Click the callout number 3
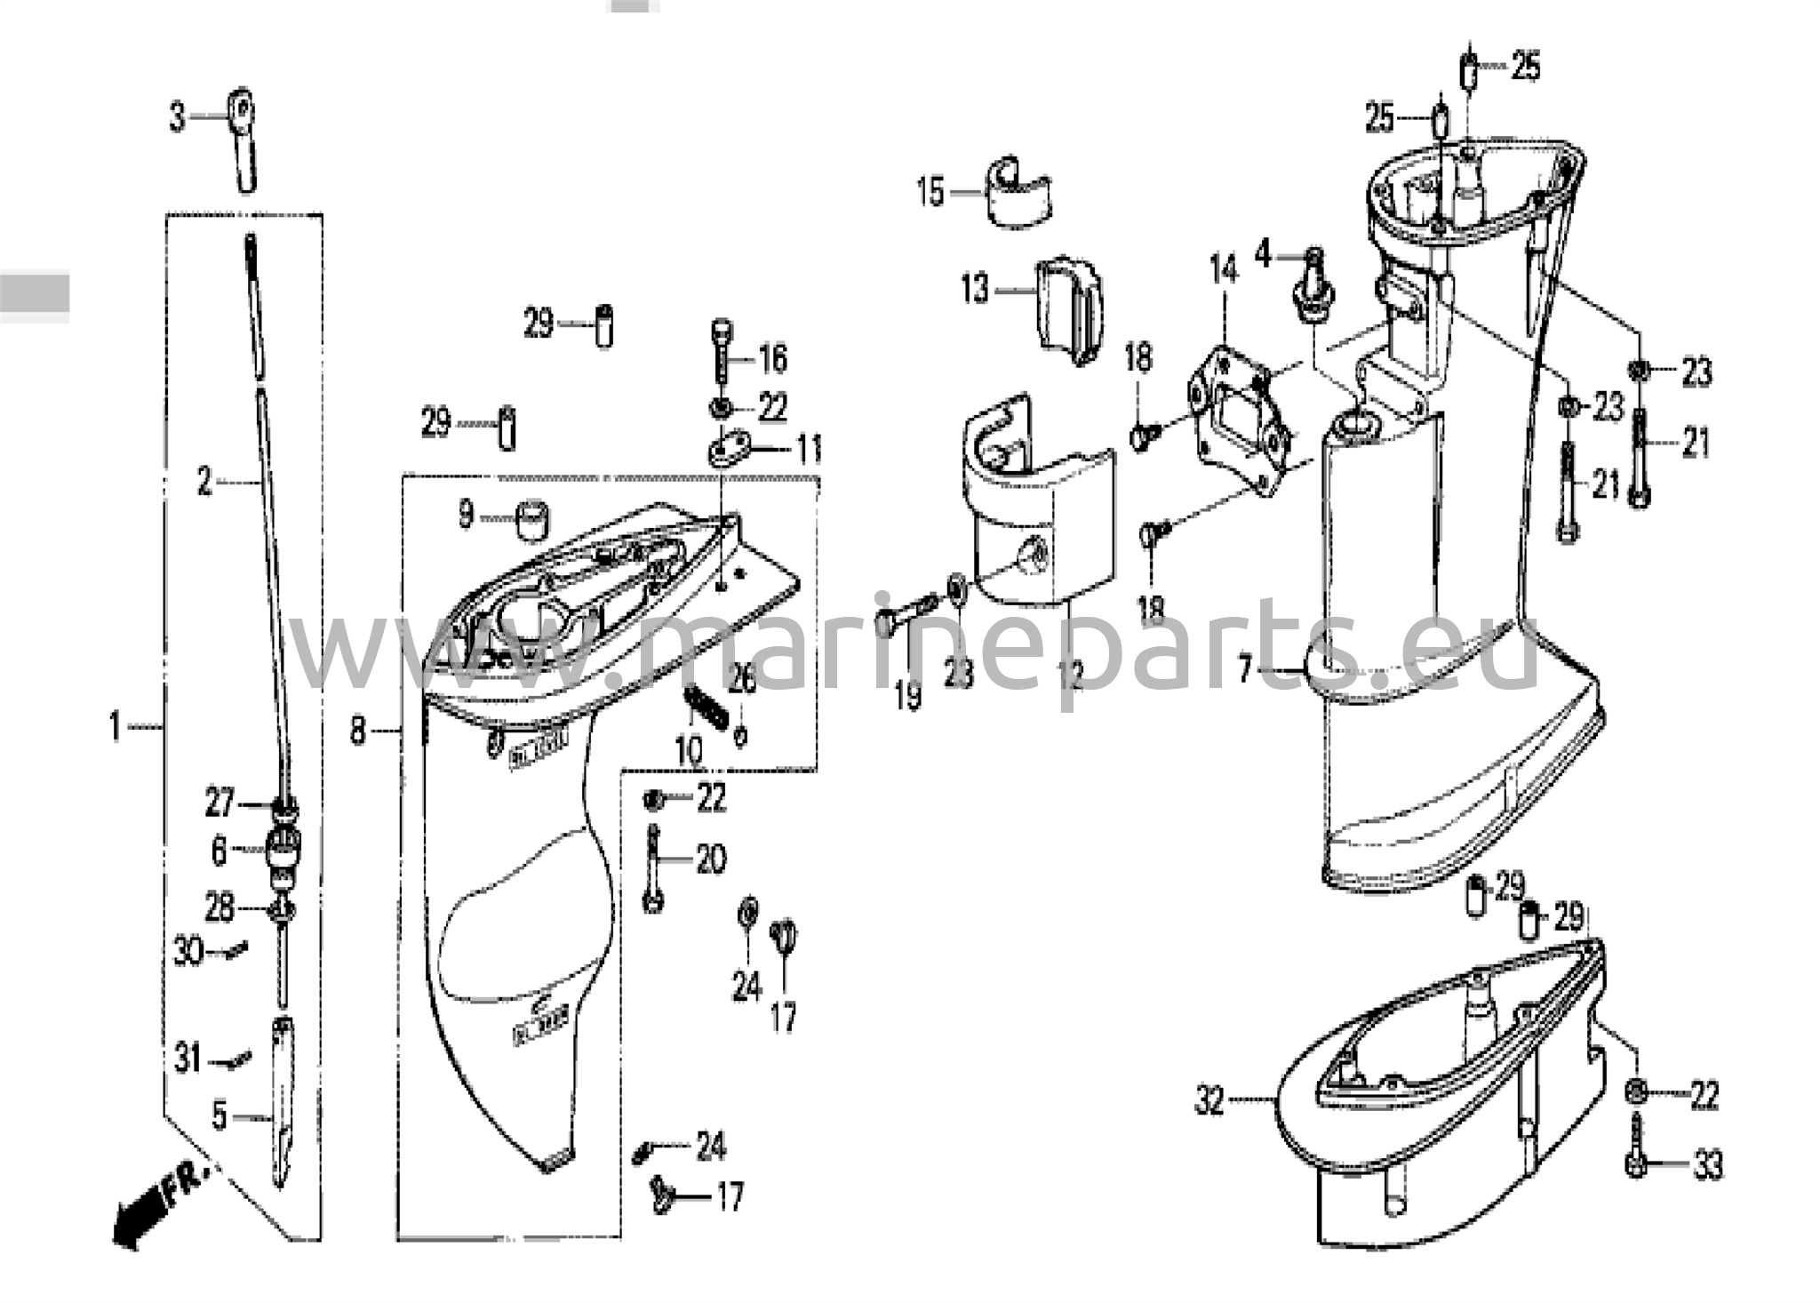pyautogui.click(x=178, y=116)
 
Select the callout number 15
pyautogui.click(x=930, y=192)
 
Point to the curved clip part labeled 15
pyautogui.click(x=1018, y=194)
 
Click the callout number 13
pyautogui.click(x=975, y=289)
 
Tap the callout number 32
pyautogui.click(x=1209, y=1101)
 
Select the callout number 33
pyautogui.click(x=1707, y=1165)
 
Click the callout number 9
pyautogui.click(x=466, y=515)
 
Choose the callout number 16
pyautogui.click(x=772, y=358)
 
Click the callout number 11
pyautogui.click(x=808, y=450)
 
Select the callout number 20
pyautogui.click(x=710, y=859)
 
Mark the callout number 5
pyautogui.click(x=220, y=1115)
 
